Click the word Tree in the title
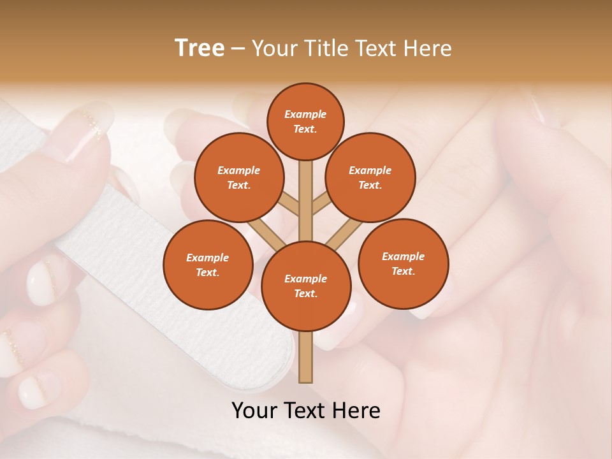200,48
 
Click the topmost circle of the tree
305,121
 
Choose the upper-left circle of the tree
238,177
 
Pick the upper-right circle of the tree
370,177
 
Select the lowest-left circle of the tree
207,265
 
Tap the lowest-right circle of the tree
403,263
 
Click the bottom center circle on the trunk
306,286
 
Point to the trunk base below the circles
306,357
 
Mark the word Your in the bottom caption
254,411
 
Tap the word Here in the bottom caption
356,411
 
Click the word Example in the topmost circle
305,114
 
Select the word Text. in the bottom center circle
305,293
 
